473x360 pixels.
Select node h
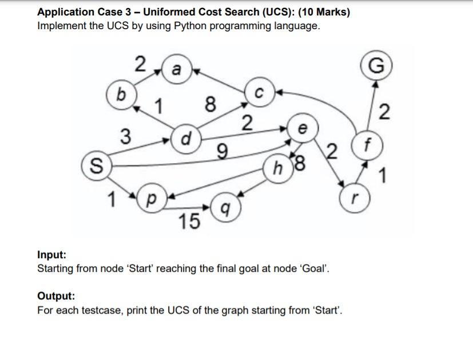[279, 168]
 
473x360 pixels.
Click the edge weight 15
[188, 221]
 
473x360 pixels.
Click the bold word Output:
[56, 296]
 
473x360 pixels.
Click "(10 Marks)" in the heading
[322, 11]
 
